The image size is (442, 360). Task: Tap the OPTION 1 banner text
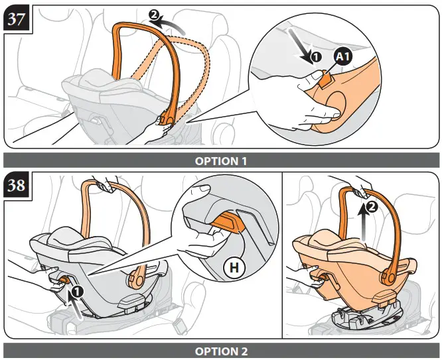point(221,160)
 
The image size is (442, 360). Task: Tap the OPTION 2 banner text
point(221,351)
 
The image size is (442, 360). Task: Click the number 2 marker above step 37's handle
point(154,15)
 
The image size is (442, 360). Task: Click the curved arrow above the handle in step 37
point(171,22)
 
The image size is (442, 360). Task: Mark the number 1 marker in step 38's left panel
point(77,290)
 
